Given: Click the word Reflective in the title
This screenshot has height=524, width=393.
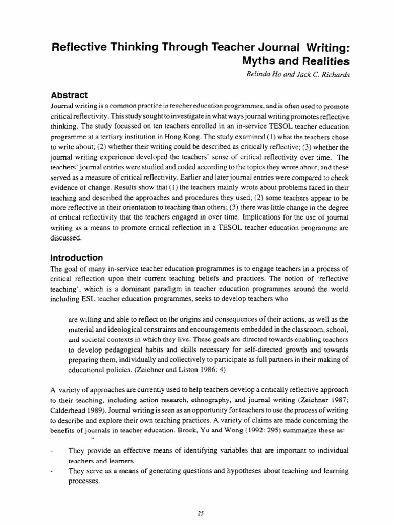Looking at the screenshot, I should pyautogui.click(x=81, y=48).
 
